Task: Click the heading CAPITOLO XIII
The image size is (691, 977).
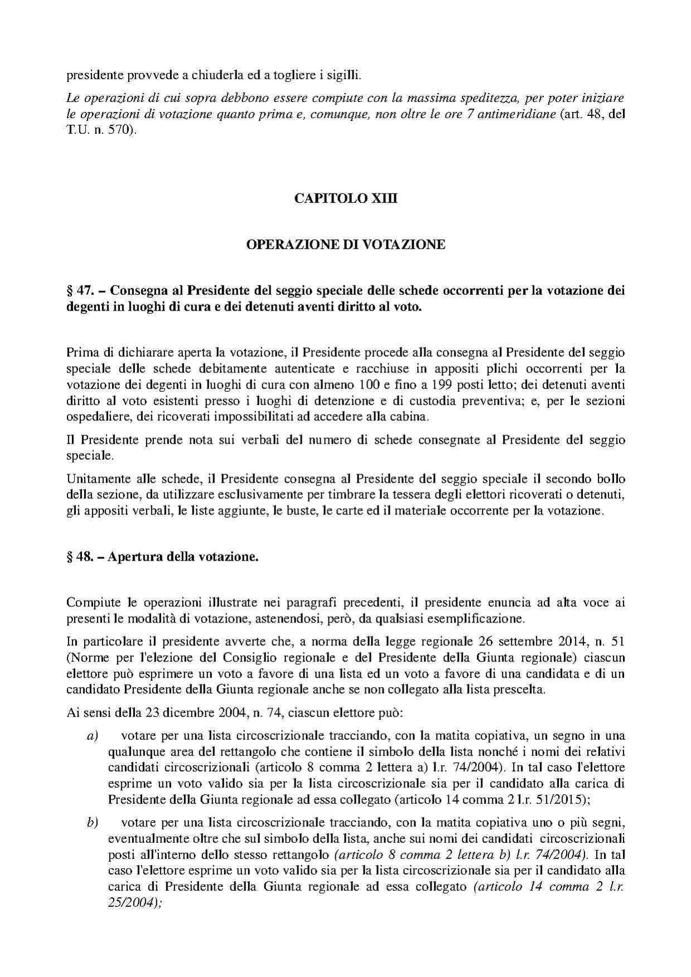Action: (x=345, y=198)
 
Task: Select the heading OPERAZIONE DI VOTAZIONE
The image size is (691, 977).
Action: (x=345, y=244)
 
